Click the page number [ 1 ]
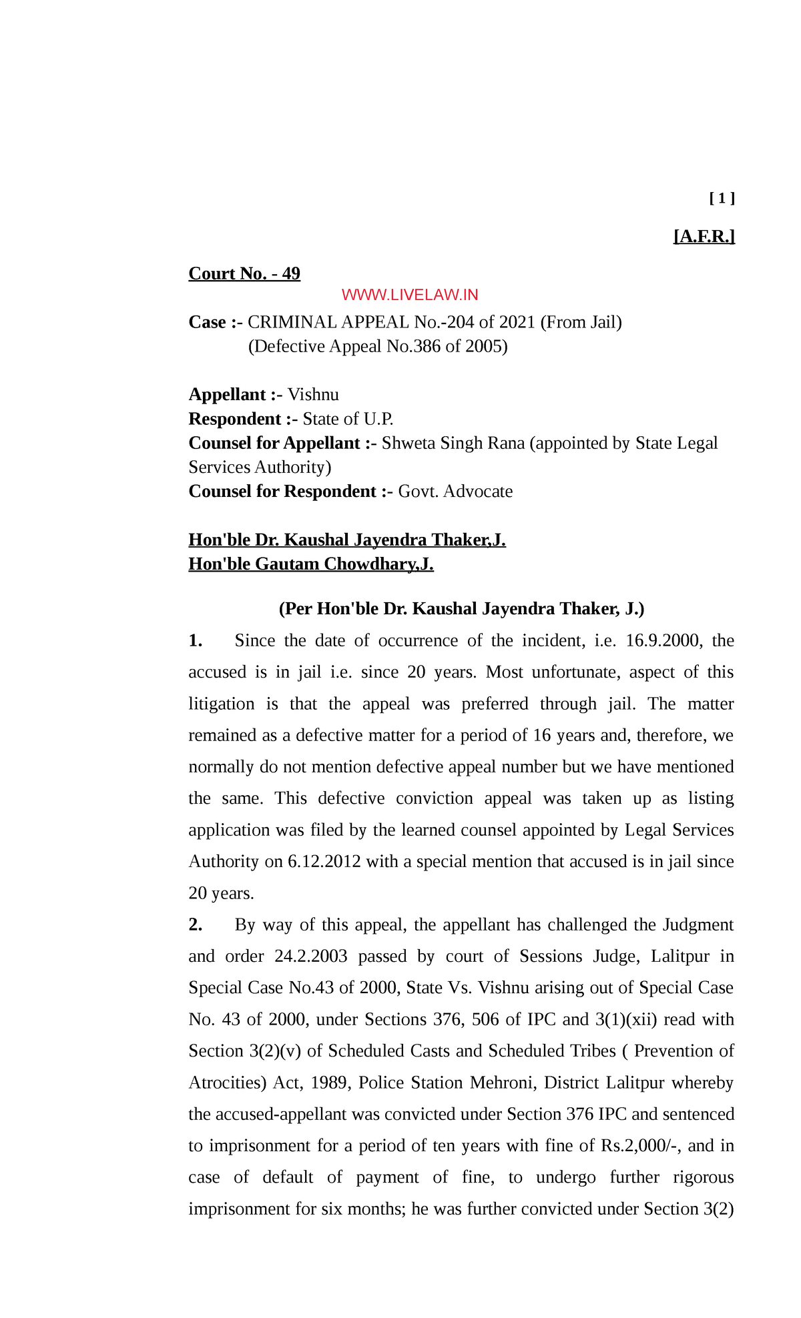[722, 198]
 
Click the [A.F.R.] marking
[704, 236]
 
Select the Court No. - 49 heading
[244, 273]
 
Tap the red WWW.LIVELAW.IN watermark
[409, 295]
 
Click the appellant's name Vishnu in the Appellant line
[313, 394]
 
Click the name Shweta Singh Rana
[453, 443]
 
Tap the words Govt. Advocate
[455, 491]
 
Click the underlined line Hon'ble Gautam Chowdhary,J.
[311, 564]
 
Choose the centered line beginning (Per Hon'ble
[461, 608]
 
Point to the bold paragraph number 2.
[195, 924]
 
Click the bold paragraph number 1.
[195, 640]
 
